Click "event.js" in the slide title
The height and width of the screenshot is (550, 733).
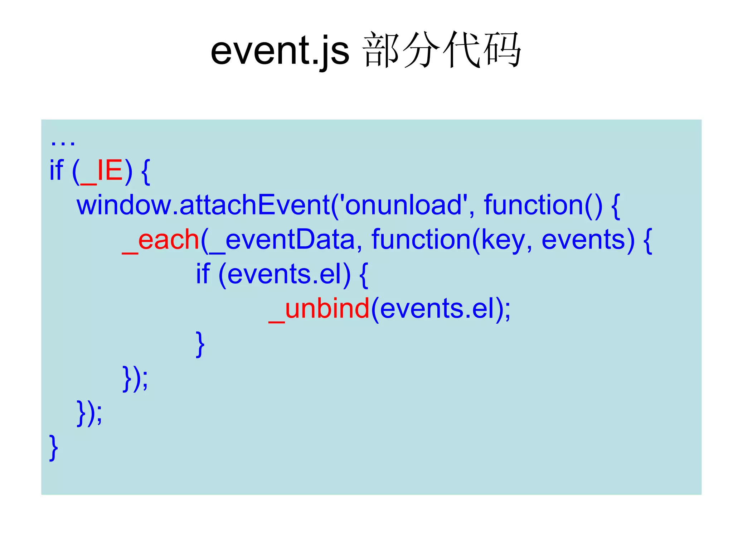pyautogui.click(x=280, y=51)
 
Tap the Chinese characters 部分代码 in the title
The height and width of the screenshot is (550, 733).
pyautogui.click(x=442, y=50)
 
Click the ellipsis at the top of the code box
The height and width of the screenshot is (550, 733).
pyautogui.click(x=63, y=142)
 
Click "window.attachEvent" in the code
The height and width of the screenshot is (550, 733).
pyautogui.click(x=203, y=205)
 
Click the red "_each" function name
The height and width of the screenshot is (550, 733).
pyautogui.click(x=161, y=240)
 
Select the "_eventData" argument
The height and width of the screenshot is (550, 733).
pyautogui.click(x=282, y=240)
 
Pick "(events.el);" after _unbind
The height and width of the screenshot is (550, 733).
pyautogui.click(x=441, y=309)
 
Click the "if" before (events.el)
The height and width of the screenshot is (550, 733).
pyautogui.click(x=202, y=274)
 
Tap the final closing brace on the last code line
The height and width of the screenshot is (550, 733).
pyautogui.click(x=53, y=448)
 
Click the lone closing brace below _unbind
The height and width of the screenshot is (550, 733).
pyautogui.click(x=200, y=344)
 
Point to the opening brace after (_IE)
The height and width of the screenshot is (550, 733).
pyautogui.click(x=146, y=172)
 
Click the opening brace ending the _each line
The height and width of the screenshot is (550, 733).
pyautogui.click(x=647, y=241)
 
